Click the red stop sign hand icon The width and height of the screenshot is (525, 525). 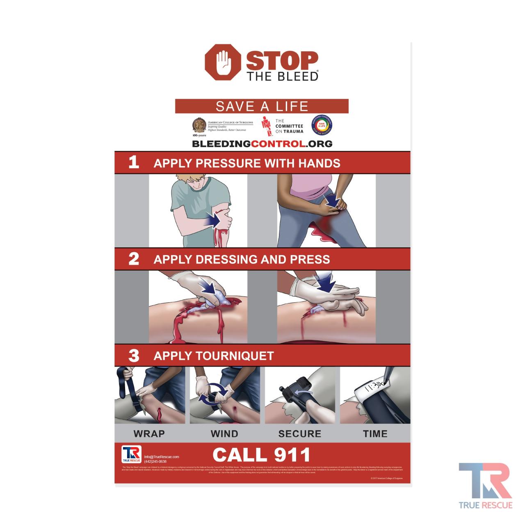click(222, 62)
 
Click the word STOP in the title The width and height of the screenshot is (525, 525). click(282, 61)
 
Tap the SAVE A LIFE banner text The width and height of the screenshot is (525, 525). click(262, 106)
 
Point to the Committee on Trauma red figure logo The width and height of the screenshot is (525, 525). click(267, 126)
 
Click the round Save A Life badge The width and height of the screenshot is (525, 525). click(322, 126)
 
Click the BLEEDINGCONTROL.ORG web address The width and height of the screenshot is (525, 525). click(262, 144)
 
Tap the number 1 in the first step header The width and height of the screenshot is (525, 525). click(134, 162)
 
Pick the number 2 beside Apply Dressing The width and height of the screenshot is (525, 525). click(134, 259)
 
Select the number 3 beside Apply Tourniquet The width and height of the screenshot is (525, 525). click(134, 355)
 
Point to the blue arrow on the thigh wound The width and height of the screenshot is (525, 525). click(332, 201)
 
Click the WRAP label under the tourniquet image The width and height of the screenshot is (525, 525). click(149, 434)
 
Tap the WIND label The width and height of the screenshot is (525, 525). click(224, 434)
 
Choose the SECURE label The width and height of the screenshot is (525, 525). click(299, 434)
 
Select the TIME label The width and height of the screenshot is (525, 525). click(375, 434)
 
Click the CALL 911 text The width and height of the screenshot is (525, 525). click(262, 454)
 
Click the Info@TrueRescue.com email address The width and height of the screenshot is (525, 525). click(162, 457)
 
